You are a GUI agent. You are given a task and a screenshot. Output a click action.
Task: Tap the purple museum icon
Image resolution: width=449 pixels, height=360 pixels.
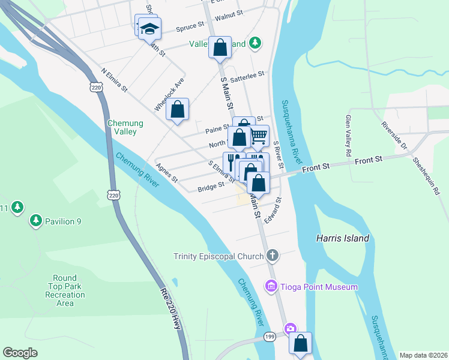271,287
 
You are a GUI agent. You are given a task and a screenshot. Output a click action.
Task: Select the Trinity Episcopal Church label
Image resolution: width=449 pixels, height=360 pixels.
219,256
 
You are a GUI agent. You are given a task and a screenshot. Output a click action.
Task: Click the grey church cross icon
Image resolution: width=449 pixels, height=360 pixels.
273,256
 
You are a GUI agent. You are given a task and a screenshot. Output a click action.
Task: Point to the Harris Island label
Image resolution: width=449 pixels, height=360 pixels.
343,238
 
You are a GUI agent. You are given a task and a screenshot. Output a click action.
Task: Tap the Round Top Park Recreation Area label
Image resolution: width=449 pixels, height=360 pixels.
64,290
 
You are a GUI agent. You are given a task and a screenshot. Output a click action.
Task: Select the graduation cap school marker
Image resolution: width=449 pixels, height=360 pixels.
149,28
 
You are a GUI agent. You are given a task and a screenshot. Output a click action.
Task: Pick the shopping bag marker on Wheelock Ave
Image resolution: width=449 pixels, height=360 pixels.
177,110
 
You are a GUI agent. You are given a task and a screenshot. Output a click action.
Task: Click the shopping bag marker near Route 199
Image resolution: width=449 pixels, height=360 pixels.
300,344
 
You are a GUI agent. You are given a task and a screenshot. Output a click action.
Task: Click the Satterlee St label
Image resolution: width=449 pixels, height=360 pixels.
247,75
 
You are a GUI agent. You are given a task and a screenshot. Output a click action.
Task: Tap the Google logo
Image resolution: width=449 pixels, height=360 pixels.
20,353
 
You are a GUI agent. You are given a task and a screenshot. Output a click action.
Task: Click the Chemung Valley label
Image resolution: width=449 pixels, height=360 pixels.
125,127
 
